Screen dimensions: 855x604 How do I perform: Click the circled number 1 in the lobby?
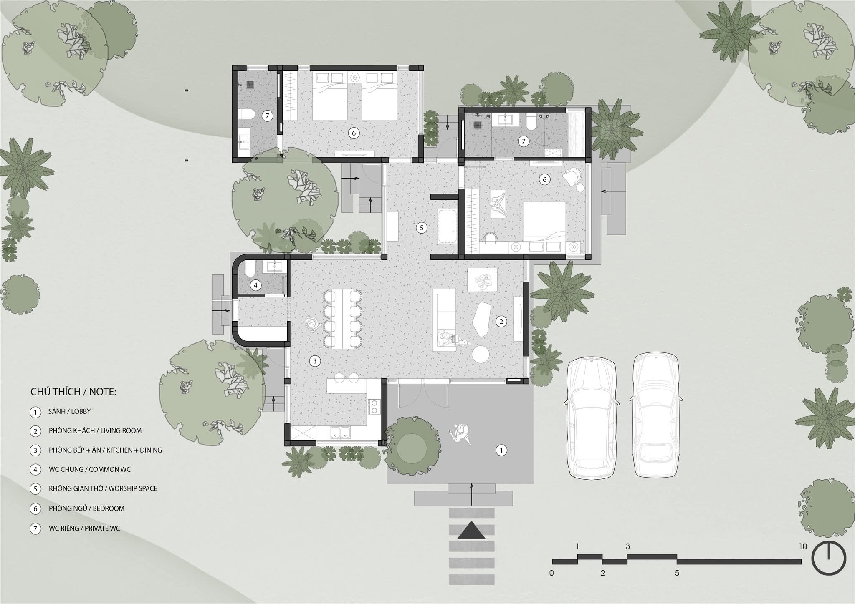pyautogui.click(x=501, y=450)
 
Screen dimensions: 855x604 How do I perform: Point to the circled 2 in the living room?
pyautogui.click(x=501, y=321)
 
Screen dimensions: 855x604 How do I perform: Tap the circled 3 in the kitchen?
pyautogui.click(x=315, y=361)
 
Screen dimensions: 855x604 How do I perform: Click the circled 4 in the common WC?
pyautogui.click(x=255, y=285)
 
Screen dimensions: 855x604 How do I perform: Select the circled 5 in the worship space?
pyautogui.click(x=422, y=228)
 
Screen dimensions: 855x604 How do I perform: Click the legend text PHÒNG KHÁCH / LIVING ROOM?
pyautogui.click(x=95, y=430)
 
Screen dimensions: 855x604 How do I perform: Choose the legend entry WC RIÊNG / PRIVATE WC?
pyautogui.click(x=84, y=528)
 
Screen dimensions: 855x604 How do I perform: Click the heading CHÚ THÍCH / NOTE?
pyautogui.click(x=73, y=392)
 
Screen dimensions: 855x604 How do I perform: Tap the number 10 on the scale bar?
pyautogui.click(x=803, y=546)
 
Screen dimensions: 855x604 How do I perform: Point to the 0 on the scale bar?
pyautogui.click(x=551, y=573)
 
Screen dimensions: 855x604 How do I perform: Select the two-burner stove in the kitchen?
pyautogui.click(x=374, y=407)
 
